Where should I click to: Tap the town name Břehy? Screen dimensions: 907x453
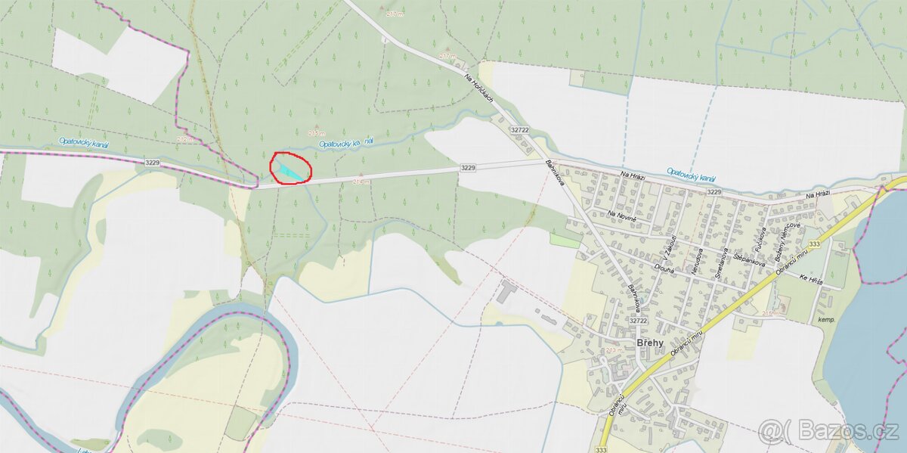click(x=650, y=343)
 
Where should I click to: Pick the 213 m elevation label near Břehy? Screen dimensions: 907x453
click(x=612, y=350)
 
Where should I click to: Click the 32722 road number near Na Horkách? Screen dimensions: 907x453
click(x=520, y=130)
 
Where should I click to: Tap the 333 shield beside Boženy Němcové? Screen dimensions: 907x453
click(x=814, y=244)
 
